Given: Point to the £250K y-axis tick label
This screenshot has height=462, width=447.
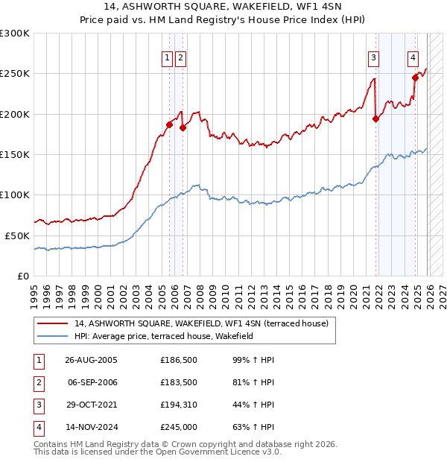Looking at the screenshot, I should click(x=15, y=74).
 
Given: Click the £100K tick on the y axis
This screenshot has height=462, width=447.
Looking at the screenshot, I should click(x=15, y=194).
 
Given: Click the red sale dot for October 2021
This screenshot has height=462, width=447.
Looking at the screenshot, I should click(x=375, y=118).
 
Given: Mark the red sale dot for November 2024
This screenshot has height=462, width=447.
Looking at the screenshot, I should click(x=416, y=77).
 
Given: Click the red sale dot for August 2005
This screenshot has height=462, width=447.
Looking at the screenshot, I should click(x=169, y=125).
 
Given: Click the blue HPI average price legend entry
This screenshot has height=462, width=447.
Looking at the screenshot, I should click(x=164, y=336).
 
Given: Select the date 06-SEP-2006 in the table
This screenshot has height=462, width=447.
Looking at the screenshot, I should click(x=92, y=382).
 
